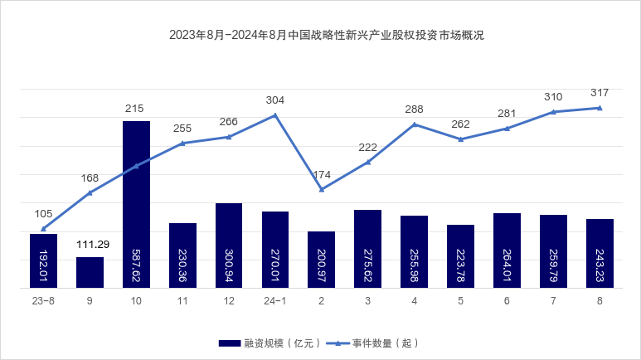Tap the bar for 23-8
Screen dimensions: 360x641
(43, 260)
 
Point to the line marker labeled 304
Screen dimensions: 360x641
(275, 114)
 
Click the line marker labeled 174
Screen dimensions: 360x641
(322, 189)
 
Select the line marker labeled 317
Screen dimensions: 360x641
(600, 108)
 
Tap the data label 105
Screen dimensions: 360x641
(43, 214)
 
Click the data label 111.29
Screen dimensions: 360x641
(90, 245)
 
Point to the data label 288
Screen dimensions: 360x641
(415, 109)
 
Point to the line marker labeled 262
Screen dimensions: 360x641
(460, 139)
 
